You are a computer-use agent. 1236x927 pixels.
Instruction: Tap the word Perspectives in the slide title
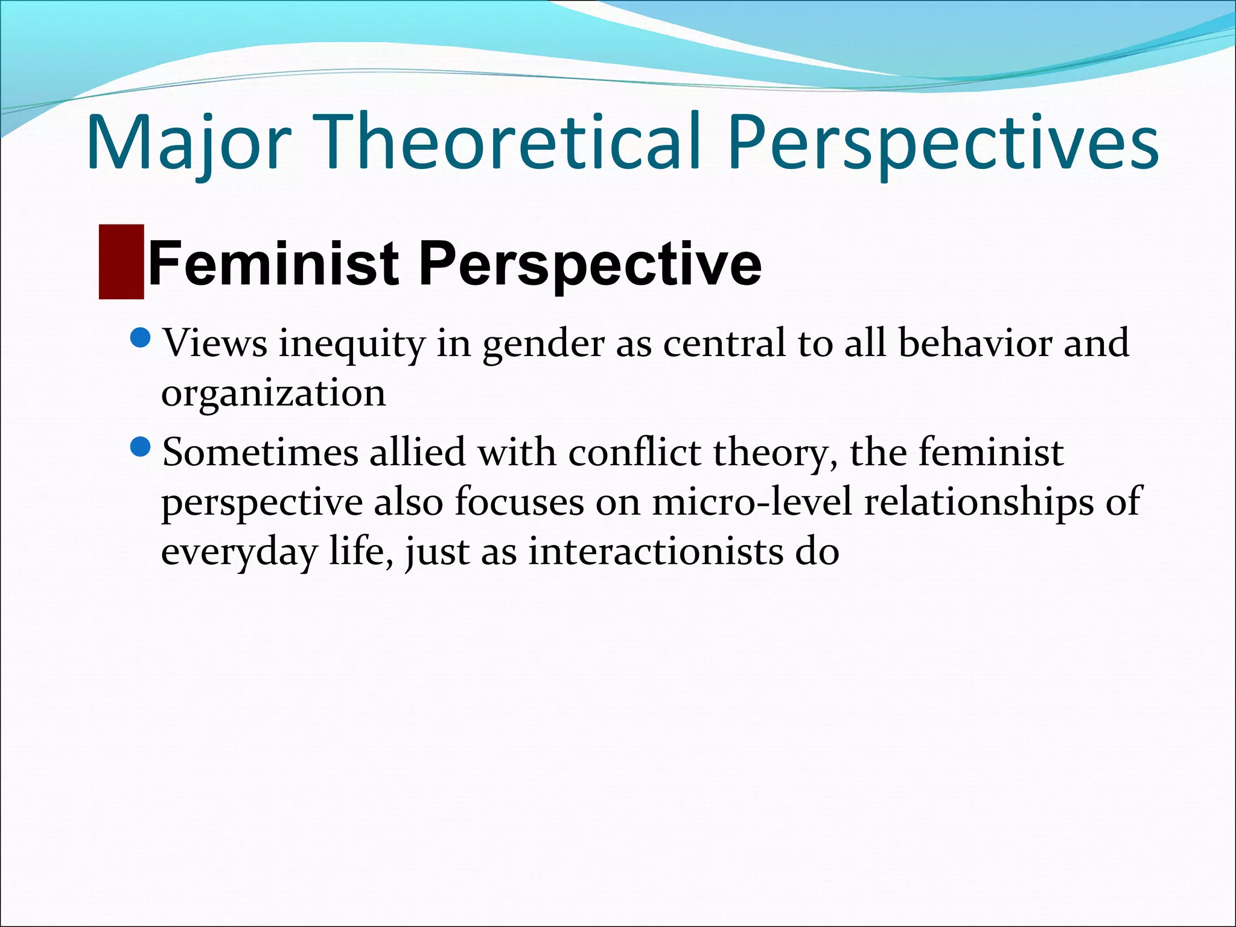point(942,142)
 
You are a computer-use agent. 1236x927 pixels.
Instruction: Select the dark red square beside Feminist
point(121,262)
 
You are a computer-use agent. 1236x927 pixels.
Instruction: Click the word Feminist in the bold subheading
point(273,263)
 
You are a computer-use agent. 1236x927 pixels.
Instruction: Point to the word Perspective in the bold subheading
point(590,264)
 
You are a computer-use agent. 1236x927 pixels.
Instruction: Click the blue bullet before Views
point(140,339)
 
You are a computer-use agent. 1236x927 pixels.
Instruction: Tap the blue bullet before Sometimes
point(140,447)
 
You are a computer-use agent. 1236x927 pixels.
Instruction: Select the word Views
point(215,343)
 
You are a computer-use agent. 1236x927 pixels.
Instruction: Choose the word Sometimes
point(260,452)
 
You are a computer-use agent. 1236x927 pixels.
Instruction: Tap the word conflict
point(634,452)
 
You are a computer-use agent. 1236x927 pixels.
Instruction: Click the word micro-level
point(751,502)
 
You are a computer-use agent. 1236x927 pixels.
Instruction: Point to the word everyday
point(239,553)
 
